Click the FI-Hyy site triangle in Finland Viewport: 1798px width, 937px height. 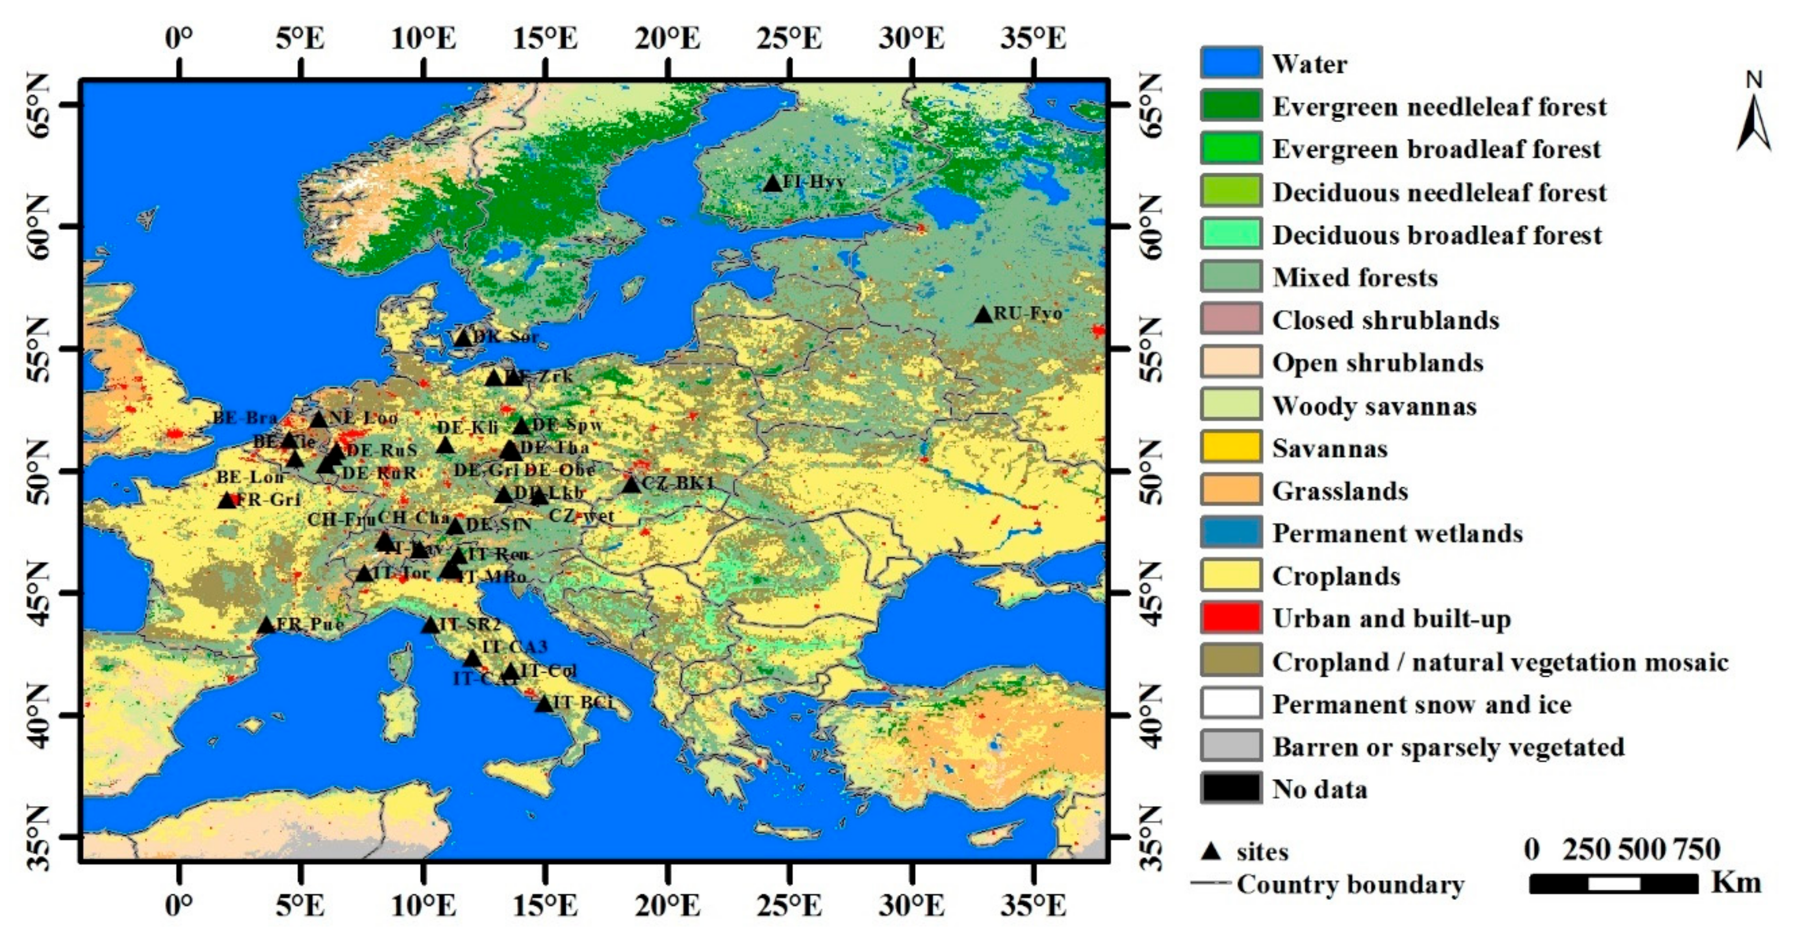pyautogui.click(x=772, y=183)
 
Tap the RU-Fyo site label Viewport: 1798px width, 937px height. pyautogui.click(x=1028, y=313)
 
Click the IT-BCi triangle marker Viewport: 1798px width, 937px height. pyautogui.click(x=544, y=704)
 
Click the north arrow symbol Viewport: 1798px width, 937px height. pyautogui.click(x=1753, y=115)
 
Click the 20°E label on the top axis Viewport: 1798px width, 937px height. pyautogui.click(x=668, y=39)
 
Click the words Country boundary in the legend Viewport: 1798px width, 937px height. pyautogui.click(x=1350, y=884)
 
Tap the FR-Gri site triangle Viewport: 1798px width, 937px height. pyautogui.click(x=227, y=500)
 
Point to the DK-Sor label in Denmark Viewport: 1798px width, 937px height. pyautogui.click(x=505, y=336)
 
